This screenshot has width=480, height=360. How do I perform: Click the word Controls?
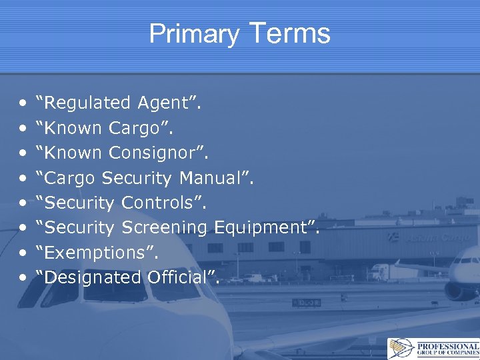tap(163, 203)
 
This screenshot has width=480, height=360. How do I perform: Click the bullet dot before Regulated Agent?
tap(23, 104)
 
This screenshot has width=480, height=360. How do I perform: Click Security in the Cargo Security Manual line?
tap(137, 178)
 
